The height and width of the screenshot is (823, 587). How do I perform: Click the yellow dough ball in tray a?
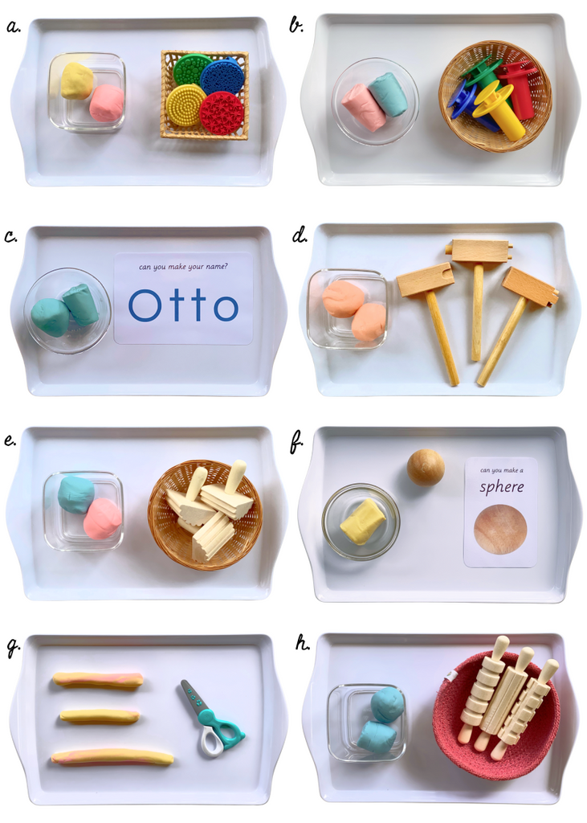pos(76,80)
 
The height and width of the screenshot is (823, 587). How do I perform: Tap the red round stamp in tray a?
pos(222,113)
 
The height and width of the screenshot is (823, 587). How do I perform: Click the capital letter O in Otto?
pos(145,305)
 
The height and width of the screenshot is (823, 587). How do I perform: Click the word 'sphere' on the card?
pos(501,486)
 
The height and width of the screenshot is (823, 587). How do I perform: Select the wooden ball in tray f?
pos(425,467)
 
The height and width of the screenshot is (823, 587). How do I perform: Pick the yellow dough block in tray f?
pos(362,521)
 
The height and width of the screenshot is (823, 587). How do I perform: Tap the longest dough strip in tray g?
pos(112,756)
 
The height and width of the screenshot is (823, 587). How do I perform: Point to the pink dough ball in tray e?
pos(102,518)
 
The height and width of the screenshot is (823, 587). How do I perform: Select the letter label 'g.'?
pos(13,647)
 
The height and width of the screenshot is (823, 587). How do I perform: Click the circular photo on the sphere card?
pos(500,529)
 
